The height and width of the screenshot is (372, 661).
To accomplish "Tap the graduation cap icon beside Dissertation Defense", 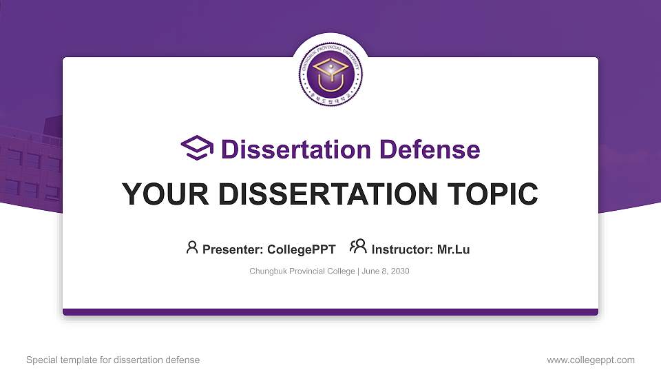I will (197, 148).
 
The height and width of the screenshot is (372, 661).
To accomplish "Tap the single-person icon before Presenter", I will (192, 247).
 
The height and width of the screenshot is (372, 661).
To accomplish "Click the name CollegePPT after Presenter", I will (301, 249).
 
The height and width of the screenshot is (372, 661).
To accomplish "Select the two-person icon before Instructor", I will (358, 247).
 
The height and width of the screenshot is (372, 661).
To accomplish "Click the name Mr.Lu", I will (453, 249).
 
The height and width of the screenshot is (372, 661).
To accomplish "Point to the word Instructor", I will (402, 249).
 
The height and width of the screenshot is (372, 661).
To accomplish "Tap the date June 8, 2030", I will (386, 271).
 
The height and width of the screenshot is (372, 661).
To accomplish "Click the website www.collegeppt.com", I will (591, 360).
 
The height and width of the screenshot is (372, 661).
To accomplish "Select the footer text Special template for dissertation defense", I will (113, 360).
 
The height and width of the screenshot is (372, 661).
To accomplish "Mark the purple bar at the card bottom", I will (330, 312).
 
